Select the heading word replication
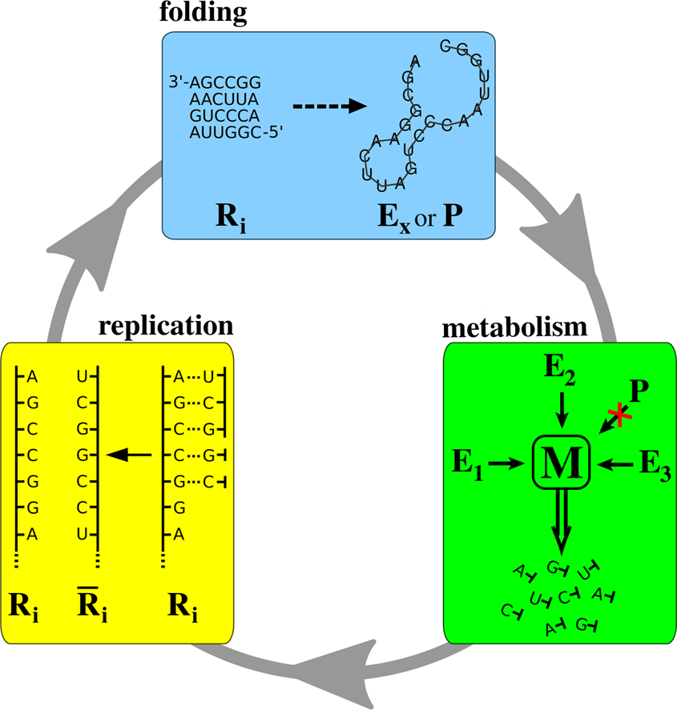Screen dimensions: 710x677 166,326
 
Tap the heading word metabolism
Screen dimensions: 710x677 516,328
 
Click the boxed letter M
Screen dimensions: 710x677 562,463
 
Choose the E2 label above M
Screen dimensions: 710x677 562,371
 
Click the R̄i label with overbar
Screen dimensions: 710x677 93,606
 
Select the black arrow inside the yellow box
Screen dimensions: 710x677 129,455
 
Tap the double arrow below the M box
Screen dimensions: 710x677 562,520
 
